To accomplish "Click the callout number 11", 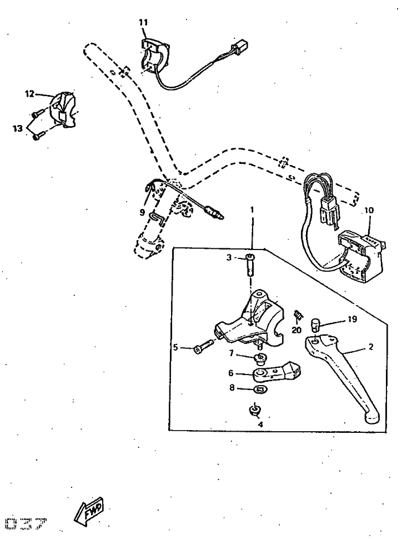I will (143, 22).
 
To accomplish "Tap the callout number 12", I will (29, 94).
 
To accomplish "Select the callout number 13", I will (18, 128).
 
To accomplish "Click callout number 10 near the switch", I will (369, 211).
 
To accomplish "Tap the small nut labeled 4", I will (255, 411).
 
